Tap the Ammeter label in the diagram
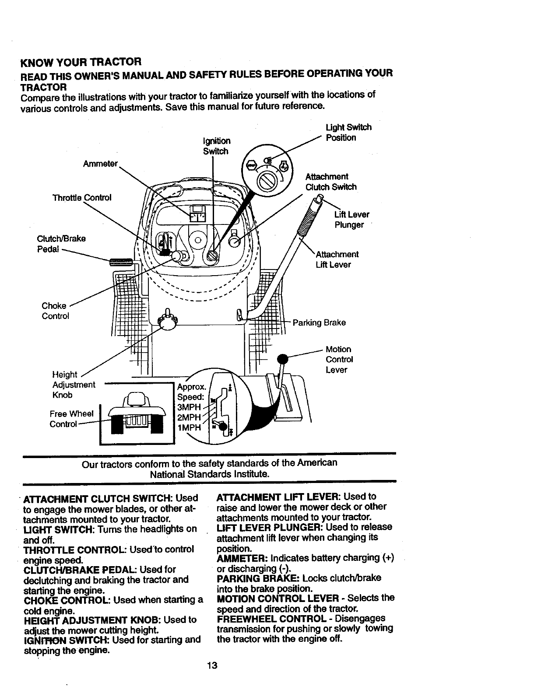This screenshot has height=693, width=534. click(x=100, y=163)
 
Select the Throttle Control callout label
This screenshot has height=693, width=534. click(x=82, y=198)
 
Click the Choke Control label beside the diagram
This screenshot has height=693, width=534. click(x=55, y=311)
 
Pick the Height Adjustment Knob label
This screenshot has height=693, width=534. click(x=73, y=385)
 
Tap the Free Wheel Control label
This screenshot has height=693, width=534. click(x=71, y=419)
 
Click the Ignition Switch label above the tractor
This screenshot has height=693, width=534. click(x=217, y=146)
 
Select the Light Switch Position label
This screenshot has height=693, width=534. click(x=348, y=132)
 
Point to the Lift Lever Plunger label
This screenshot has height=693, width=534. click(x=351, y=220)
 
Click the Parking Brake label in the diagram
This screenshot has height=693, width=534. click(x=319, y=322)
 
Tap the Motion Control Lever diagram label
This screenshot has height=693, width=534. click(x=339, y=359)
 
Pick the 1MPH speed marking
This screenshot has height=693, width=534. click(x=188, y=427)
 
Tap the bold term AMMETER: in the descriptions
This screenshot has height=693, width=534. click(x=242, y=558)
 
